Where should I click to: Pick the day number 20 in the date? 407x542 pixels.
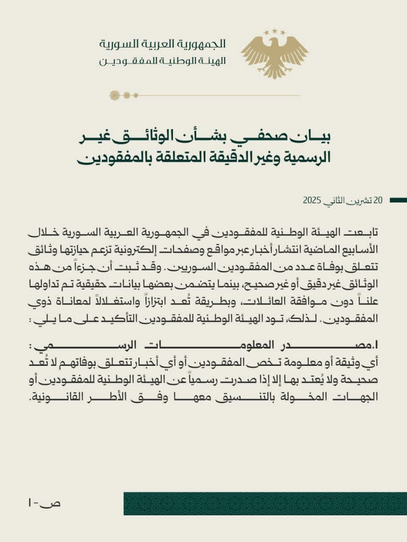378,200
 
